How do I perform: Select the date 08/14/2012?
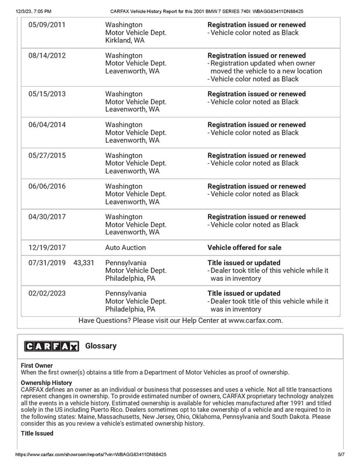point(47,56)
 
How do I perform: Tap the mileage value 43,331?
point(84,263)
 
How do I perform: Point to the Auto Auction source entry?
point(125,247)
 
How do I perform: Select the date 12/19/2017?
point(47,247)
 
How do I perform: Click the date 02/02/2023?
point(47,293)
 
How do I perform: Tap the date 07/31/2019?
point(47,263)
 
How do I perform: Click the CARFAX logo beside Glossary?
point(52,347)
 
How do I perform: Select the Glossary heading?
point(101,346)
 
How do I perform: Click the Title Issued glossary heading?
point(37,434)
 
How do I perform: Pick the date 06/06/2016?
point(47,187)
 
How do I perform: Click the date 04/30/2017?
point(47,217)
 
